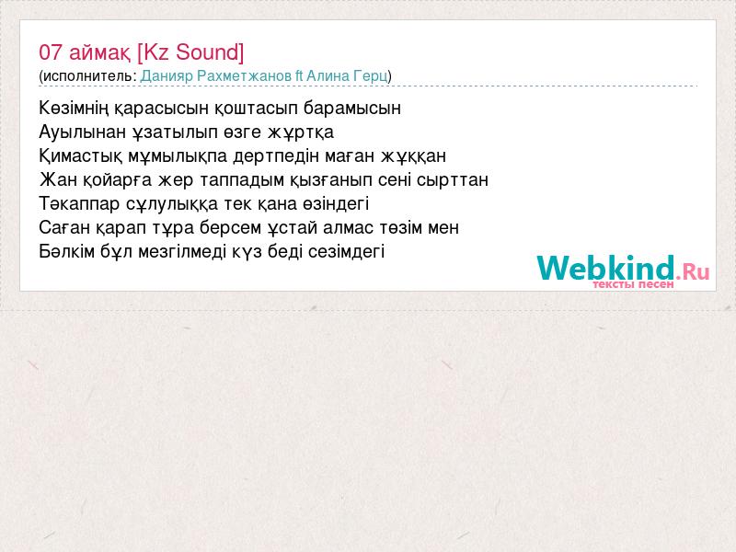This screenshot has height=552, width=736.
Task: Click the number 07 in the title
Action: (x=51, y=52)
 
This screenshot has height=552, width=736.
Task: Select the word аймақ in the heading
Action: (x=100, y=53)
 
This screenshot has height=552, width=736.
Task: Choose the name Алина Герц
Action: (x=347, y=76)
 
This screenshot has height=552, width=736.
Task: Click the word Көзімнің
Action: (x=75, y=109)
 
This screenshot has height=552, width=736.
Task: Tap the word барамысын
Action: (x=352, y=109)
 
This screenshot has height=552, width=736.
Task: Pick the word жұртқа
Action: (x=301, y=132)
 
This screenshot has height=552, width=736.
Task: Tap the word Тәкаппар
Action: (x=79, y=204)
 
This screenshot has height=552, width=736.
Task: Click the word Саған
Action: (x=64, y=227)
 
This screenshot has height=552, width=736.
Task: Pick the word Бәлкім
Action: (x=67, y=251)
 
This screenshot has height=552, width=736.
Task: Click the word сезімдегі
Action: (x=347, y=251)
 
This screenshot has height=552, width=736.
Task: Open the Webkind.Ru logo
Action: (x=624, y=270)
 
